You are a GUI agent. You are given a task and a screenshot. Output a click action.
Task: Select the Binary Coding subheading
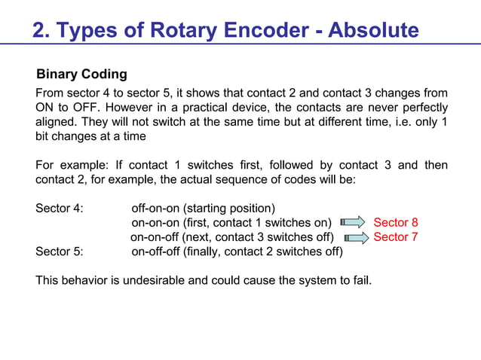[x=82, y=75]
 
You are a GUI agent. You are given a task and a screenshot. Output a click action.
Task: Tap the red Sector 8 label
[x=396, y=222]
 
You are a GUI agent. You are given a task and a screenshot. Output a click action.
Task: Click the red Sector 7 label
[x=396, y=236]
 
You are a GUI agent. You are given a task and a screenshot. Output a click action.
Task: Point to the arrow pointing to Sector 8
[x=352, y=222]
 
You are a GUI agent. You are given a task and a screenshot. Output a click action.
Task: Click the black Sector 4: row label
[x=60, y=208]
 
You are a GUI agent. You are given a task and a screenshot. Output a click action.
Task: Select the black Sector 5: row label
[x=60, y=252]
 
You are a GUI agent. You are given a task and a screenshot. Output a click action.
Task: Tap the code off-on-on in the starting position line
[x=155, y=208]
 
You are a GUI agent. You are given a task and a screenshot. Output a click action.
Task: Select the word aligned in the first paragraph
[x=57, y=122]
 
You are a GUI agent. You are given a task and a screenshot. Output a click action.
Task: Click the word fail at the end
[x=360, y=281]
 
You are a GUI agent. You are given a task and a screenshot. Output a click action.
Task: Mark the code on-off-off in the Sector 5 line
[x=155, y=252]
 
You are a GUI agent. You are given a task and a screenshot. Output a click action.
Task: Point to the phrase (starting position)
[x=229, y=208]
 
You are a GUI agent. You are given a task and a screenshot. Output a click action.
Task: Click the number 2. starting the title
[x=41, y=30]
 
